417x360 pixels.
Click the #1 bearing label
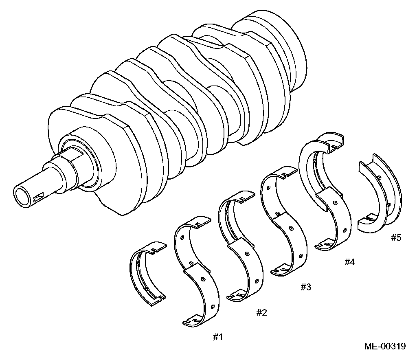217,337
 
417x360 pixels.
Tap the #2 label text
261,312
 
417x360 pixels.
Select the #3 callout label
306,287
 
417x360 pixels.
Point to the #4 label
349,262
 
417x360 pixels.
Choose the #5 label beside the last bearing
396,237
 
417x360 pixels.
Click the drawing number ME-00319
385,347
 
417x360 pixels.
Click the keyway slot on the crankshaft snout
41,198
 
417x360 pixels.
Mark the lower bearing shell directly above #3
291,244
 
